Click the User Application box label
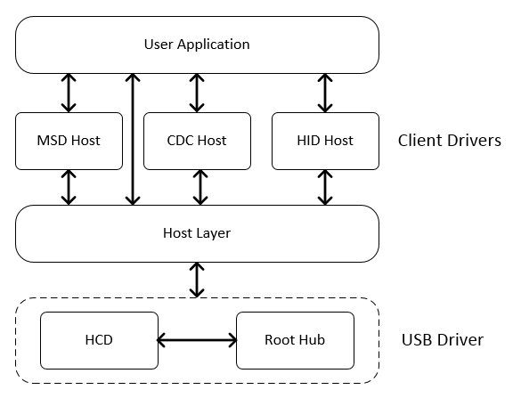click(197, 45)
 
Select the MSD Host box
click(69, 141)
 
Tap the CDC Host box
click(198, 141)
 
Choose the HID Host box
click(326, 141)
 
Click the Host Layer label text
click(197, 233)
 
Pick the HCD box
click(99, 340)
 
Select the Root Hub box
click(295, 340)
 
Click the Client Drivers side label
click(450, 141)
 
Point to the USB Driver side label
click(443, 340)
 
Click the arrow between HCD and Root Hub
click(198, 340)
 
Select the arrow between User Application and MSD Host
click(69, 93)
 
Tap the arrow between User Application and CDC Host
click(197, 93)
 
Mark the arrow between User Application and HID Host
click(325, 93)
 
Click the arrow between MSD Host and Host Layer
click(69, 187)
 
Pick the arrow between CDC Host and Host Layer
click(200, 187)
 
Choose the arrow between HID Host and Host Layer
click(325, 187)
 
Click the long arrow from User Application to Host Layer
click(133, 139)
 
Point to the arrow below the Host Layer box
click(197, 280)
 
